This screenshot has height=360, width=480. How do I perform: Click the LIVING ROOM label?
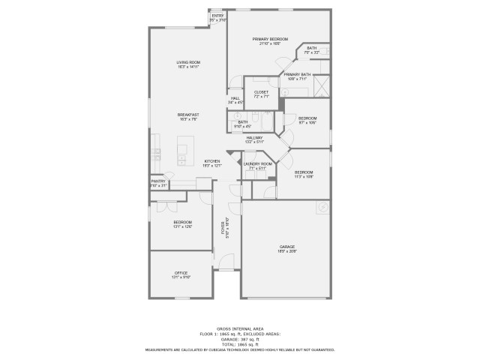tap(188, 61)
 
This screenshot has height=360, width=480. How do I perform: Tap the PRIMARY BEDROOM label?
tap(270, 39)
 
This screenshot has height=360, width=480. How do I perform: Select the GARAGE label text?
tap(288, 247)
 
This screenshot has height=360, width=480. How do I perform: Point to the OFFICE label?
tap(181, 273)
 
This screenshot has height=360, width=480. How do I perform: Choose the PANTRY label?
tap(158, 181)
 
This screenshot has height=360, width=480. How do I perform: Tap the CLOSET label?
tap(261, 92)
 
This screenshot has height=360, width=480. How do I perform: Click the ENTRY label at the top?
tap(217, 16)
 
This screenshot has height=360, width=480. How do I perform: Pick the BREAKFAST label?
tap(188, 115)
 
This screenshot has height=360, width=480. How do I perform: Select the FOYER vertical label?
tap(223, 229)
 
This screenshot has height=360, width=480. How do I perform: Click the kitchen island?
tap(183, 149)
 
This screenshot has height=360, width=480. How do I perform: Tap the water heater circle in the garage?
tap(322, 206)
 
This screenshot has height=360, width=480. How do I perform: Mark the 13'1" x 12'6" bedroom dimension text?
tap(183, 227)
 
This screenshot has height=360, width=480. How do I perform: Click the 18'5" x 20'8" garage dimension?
tap(288, 251)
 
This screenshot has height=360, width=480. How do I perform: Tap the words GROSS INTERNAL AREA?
tap(240, 329)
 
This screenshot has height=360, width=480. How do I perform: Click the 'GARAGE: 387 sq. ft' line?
tap(240, 338)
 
